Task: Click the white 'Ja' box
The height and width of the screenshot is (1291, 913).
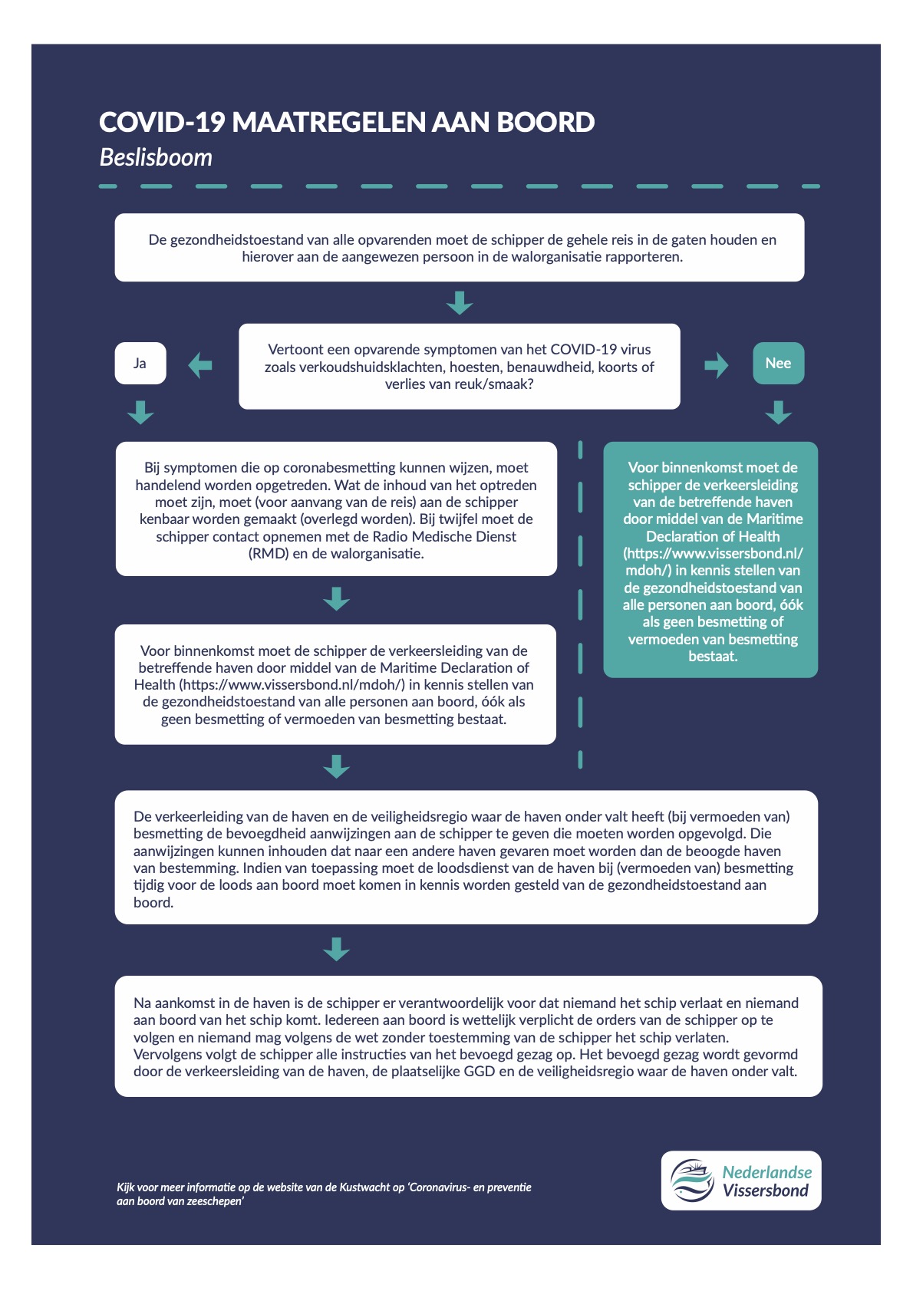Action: click(x=140, y=363)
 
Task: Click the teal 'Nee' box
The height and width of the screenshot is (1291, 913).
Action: click(x=778, y=363)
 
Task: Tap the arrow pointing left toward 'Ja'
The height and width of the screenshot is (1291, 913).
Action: click(x=200, y=365)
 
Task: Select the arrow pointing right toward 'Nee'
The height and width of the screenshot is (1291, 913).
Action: click(x=717, y=365)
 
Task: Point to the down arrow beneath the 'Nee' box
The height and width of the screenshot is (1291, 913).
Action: click(x=778, y=413)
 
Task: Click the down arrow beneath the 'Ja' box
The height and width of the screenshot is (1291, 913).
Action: click(x=140, y=413)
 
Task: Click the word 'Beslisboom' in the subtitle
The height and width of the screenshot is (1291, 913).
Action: click(x=156, y=157)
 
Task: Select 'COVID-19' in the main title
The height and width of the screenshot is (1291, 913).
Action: click(x=162, y=122)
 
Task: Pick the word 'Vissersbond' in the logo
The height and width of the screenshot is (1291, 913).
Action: click(x=766, y=1191)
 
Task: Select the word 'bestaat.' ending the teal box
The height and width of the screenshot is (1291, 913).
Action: click(x=713, y=657)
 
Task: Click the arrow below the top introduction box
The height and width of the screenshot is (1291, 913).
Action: click(x=460, y=302)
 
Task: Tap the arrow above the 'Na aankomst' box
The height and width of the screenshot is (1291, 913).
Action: click(x=336, y=949)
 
